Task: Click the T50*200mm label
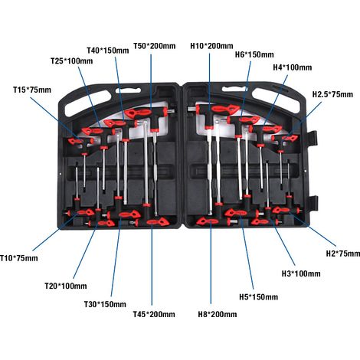click(155, 46)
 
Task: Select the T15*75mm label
click(32, 90)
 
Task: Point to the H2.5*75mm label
click(332, 94)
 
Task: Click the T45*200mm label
click(154, 314)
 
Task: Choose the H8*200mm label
click(218, 314)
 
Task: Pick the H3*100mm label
click(301, 273)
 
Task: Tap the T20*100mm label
click(66, 286)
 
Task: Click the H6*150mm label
click(254, 54)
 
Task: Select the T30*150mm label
click(105, 304)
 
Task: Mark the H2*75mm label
click(343, 254)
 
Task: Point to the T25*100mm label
click(72, 61)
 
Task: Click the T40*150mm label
click(108, 51)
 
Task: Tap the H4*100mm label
click(293, 67)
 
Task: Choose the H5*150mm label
click(259, 297)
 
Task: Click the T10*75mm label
click(19, 258)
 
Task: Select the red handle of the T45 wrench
click(157, 221)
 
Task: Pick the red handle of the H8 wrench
click(208, 221)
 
